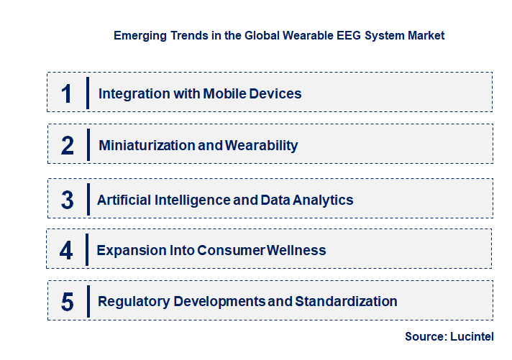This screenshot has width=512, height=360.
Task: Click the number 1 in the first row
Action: point(66,93)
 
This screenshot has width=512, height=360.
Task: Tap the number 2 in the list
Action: point(68,145)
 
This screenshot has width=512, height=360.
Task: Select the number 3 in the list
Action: point(67,200)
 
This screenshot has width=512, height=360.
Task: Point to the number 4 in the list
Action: point(66,250)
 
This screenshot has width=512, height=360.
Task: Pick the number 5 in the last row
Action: point(68,302)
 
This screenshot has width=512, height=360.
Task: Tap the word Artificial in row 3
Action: point(124,200)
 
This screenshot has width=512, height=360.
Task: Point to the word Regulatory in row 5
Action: point(132,301)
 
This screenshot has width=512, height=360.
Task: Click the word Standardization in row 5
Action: point(347,301)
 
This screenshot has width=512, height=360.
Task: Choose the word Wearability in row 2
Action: point(262,145)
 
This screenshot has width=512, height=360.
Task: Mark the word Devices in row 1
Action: point(277,93)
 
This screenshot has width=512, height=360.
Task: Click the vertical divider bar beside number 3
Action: point(87,198)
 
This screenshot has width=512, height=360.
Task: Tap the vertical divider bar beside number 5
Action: point(87,301)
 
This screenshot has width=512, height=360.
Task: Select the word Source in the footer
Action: point(425,336)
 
